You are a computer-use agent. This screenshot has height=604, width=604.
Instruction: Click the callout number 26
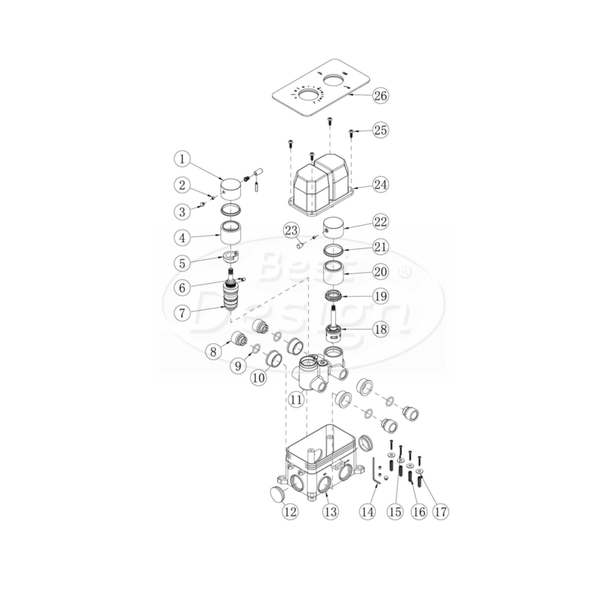(x=381, y=95)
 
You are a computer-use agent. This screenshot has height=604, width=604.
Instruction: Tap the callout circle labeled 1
(x=182, y=159)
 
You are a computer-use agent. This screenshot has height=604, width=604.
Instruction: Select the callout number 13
(x=331, y=512)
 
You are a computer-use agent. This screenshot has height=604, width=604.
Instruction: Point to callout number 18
(x=381, y=329)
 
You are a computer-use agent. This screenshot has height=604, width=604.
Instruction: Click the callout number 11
(x=296, y=399)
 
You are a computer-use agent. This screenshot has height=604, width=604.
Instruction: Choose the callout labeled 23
(x=291, y=230)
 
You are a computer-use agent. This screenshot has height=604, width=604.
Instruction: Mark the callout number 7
(x=182, y=313)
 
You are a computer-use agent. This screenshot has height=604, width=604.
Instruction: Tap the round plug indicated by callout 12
(x=278, y=494)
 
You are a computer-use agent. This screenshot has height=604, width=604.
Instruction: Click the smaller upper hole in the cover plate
(x=334, y=81)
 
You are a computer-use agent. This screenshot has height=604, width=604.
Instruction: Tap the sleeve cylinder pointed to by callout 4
(x=230, y=233)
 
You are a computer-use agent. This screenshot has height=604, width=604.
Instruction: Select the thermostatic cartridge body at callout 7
(x=232, y=297)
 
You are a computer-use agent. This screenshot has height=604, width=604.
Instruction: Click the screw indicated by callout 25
(x=351, y=134)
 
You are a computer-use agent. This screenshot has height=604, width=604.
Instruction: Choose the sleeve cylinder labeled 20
(x=333, y=273)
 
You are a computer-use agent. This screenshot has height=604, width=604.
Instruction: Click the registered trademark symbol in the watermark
(x=404, y=272)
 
